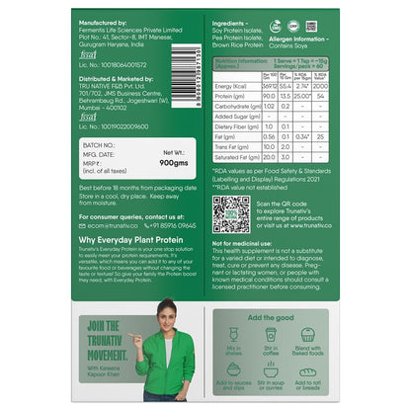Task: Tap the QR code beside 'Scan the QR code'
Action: pos(231,213)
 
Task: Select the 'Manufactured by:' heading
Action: pos(102,20)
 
